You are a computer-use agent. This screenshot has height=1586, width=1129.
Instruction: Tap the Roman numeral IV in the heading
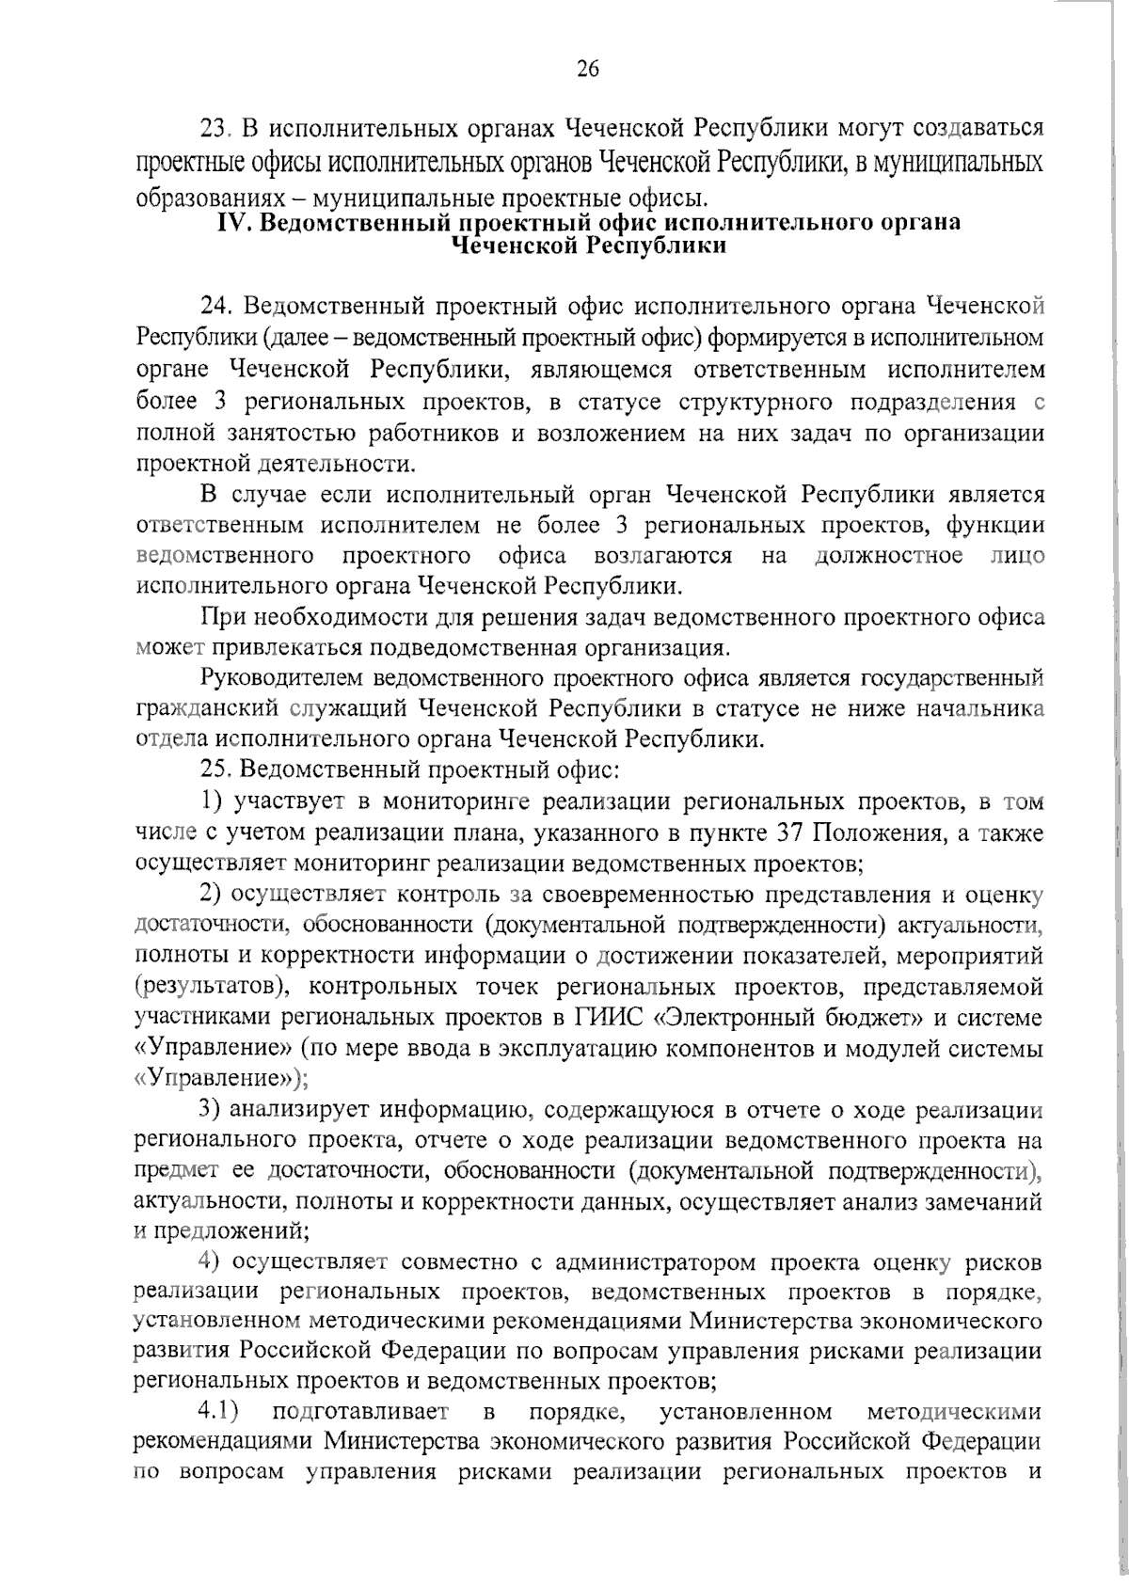(x=231, y=224)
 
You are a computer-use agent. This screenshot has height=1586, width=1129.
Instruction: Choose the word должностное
(x=888, y=555)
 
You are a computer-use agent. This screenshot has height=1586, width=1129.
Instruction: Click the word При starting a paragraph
(x=218, y=618)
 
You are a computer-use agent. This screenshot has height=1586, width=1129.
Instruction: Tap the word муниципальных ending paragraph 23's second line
(x=959, y=162)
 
